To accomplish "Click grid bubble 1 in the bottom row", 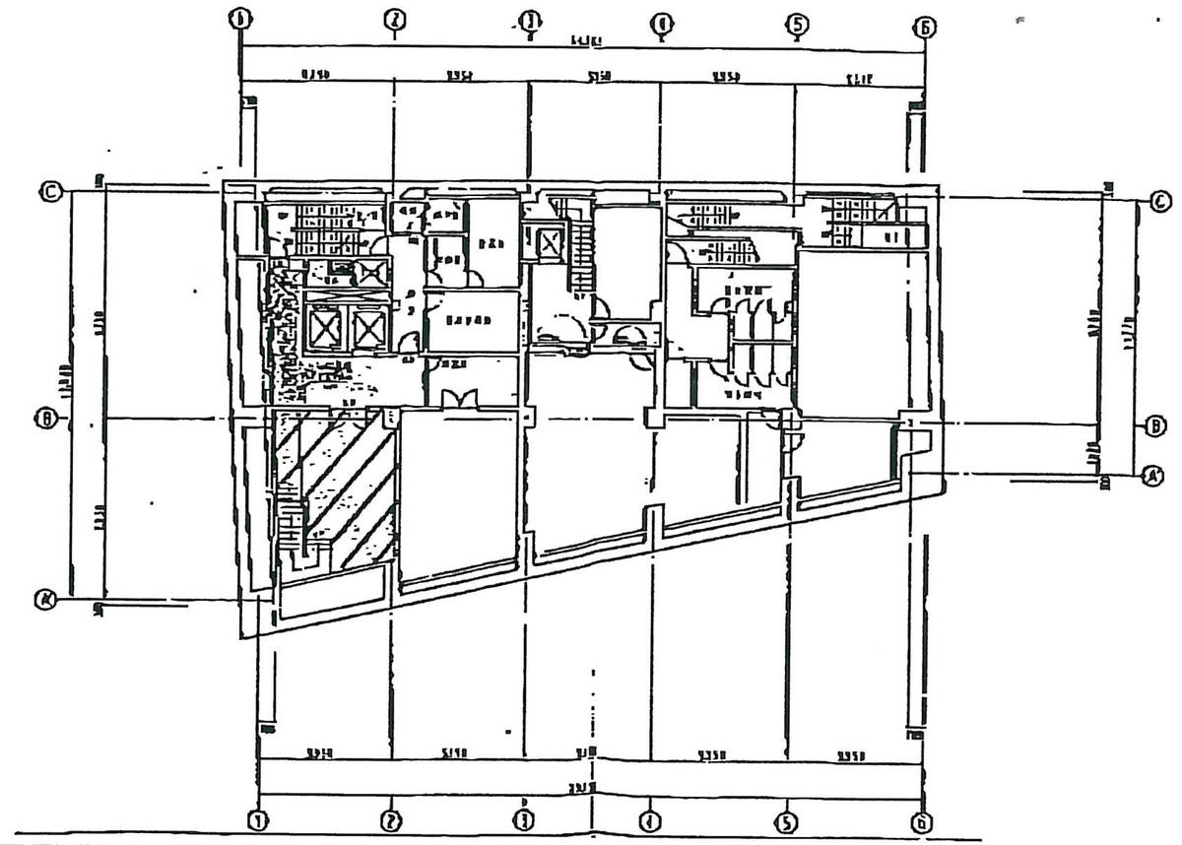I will [x=258, y=819].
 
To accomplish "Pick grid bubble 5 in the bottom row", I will [x=786, y=819].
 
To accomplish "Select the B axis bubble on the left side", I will [x=45, y=420].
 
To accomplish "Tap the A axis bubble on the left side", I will [x=44, y=598].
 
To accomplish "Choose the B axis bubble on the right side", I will [x=1154, y=426].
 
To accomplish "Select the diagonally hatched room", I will [x=335, y=487].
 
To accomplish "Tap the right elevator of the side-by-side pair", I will [x=367, y=328].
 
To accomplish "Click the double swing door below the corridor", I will [x=459, y=398].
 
